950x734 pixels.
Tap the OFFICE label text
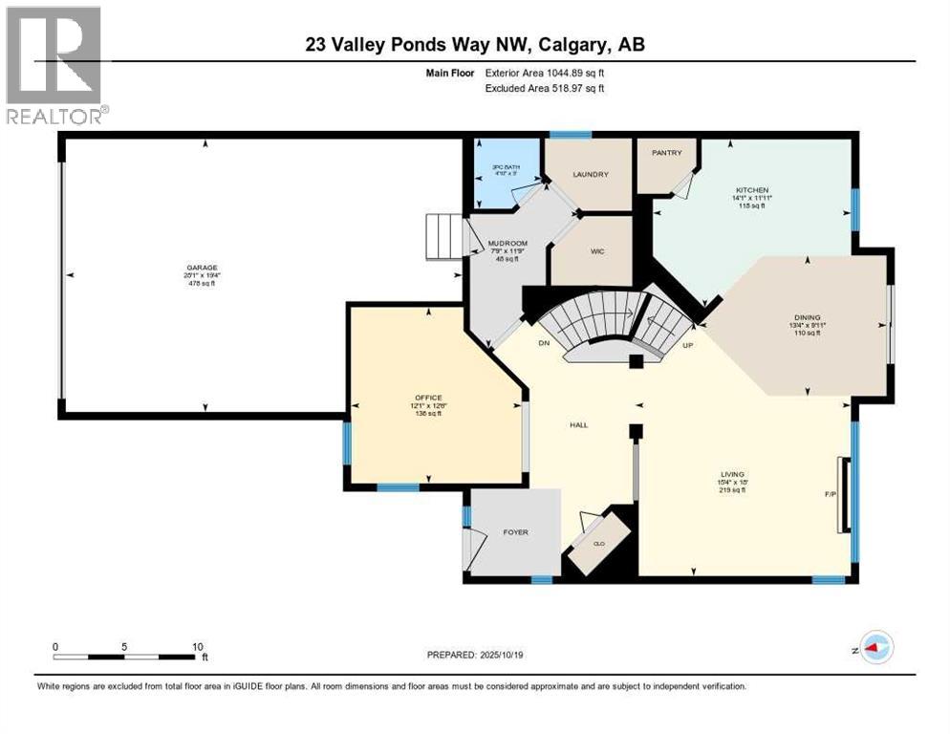coord(427,397)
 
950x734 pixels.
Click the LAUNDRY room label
coord(591,175)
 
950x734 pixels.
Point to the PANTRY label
coord(665,153)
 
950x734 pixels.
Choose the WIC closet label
coord(597,250)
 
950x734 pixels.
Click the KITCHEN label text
coord(752,190)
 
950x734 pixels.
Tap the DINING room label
coord(807,317)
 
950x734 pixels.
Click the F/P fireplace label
coord(829,495)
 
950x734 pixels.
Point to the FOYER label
coord(515,532)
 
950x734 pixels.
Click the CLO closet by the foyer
coord(600,543)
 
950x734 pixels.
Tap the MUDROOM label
coord(507,244)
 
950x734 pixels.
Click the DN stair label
coord(544,341)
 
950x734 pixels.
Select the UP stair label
coord(686,344)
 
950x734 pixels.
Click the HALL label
coord(577,424)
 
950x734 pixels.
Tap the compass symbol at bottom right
coord(874,647)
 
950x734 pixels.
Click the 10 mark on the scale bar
coord(196,646)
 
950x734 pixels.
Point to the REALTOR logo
coord(55,65)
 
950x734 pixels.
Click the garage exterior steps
coord(443,236)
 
